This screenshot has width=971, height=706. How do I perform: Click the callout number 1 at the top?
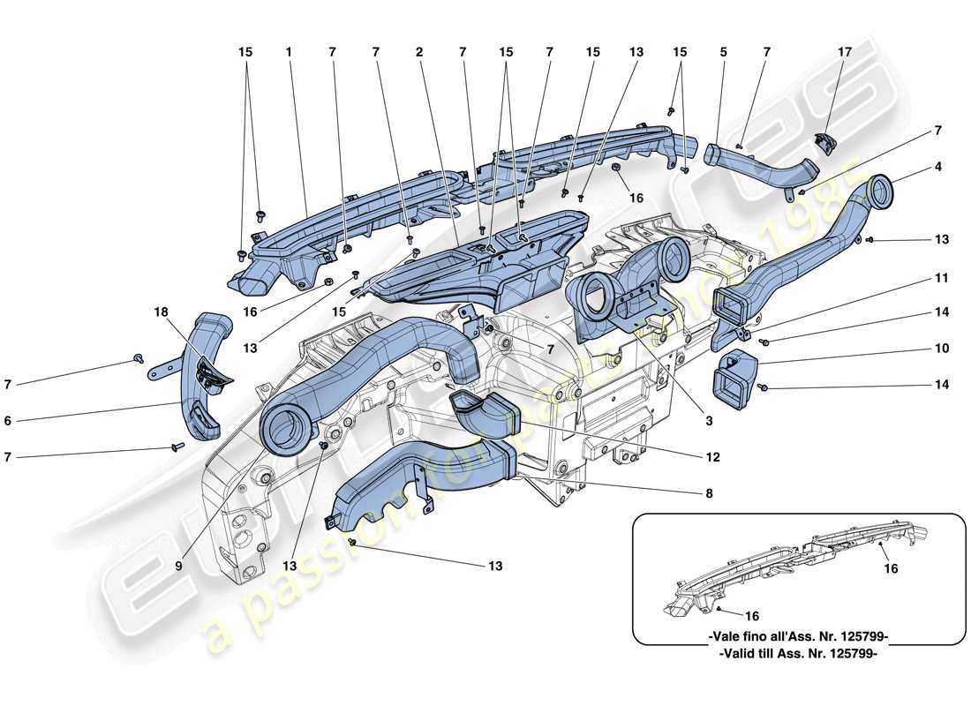coord(288,52)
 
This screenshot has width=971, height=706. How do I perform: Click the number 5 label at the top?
coord(723,52)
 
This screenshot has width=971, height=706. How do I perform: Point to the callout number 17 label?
coord(845,52)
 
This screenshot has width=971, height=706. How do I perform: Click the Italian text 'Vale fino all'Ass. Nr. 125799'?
coord(799,637)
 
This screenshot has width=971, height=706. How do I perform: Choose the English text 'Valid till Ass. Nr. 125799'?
coord(799,654)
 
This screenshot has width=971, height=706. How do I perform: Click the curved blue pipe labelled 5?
coord(759,164)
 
